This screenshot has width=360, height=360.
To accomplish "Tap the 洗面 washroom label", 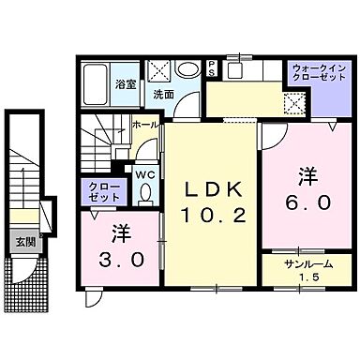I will [165, 95].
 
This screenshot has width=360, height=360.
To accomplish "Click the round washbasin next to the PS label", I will [188, 69].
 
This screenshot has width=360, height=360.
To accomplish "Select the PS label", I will [212, 69].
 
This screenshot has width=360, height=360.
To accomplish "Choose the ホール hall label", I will [145, 123].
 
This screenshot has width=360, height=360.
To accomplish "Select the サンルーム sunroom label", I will [300, 263].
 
